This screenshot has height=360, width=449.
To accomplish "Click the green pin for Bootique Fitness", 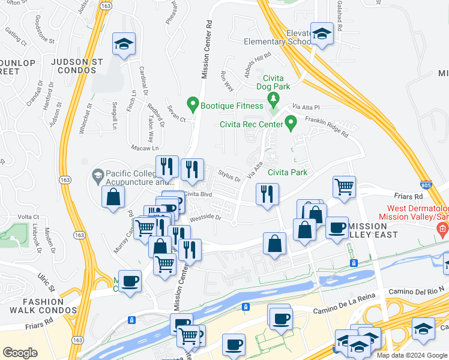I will pyautogui.click(x=193, y=105).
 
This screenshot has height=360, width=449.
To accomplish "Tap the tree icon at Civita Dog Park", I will pyautogui.click(x=274, y=98).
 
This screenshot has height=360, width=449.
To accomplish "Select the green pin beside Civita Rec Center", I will pyautogui.click(x=291, y=124).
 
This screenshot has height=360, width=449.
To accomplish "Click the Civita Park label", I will pyautogui.click(x=287, y=172).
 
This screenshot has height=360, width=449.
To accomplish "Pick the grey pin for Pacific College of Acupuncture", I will pyautogui.click(x=97, y=176).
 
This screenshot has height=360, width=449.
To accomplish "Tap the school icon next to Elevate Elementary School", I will pyautogui.click(x=322, y=35).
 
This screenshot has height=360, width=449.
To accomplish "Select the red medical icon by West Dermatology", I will pyautogui.click(x=443, y=229).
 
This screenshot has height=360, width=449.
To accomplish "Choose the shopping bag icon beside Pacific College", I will pyautogui.click(x=113, y=197).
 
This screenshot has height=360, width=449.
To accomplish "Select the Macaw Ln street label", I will pyautogui.click(x=145, y=148).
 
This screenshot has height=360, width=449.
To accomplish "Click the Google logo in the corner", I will pyautogui.click(x=20, y=353).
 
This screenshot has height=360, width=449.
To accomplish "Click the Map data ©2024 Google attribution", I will pyautogui.click(x=411, y=355).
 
